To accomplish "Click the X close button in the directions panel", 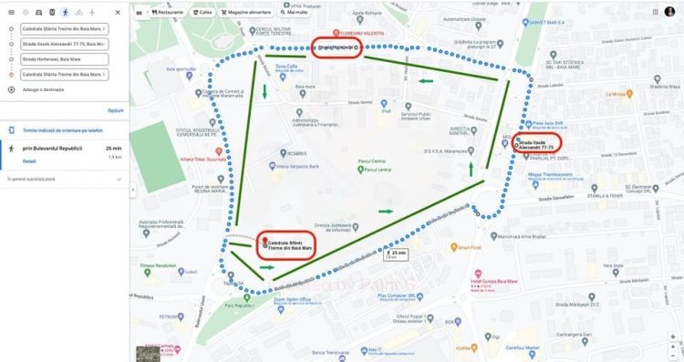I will (118, 13).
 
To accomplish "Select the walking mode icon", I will (64, 13).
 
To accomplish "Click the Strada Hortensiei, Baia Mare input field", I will (64, 59).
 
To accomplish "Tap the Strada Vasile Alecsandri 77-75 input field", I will (64, 44).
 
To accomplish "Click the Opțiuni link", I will (115, 109).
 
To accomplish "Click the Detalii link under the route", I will (29, 160).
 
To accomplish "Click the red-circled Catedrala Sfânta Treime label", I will (286, 243).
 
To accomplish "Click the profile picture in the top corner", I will (668, 11).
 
